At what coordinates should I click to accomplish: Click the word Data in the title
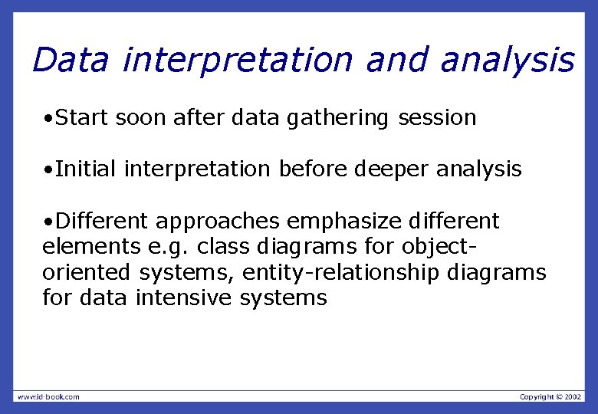point(71,60)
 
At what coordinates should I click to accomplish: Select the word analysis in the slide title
point(507,60)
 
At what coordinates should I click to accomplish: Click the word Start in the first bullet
point(84,118)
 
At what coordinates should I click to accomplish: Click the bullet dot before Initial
point(48,169)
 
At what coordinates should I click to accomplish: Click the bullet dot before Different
point(48,222)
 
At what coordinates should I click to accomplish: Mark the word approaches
point(218,222)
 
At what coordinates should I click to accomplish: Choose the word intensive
point(183,297)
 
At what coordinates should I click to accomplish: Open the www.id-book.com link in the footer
point(48,396)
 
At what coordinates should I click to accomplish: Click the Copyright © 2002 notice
point(550,396)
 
